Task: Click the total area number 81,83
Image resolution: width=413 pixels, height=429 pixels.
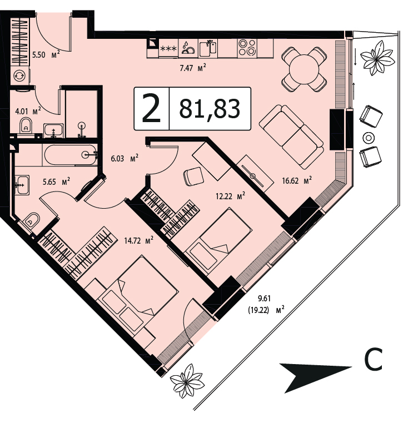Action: tap(210, 109)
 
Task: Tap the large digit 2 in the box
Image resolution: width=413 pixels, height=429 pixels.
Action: tap(151, 108)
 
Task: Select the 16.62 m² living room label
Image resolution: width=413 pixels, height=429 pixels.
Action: tap(297, 180)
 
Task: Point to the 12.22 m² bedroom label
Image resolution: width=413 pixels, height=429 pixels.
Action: tap(230, 196)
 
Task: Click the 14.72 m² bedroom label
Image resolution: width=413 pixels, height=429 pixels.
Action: tap(138, 240)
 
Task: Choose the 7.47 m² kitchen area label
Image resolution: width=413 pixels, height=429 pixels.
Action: tap(193, 68)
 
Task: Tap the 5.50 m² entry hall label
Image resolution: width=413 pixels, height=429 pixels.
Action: tap(46, 54)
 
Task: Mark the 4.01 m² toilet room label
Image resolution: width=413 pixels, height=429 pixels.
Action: tap(28, 111)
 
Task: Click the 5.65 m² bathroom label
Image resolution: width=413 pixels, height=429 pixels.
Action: tap(56, 181)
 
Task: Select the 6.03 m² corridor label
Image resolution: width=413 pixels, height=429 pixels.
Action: tap(125, 158)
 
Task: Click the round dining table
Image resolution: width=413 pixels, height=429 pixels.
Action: tap(304, 69)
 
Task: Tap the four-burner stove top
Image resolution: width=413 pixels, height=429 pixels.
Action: tap(247, 48)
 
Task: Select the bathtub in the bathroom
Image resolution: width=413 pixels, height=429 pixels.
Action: tap(70, 155)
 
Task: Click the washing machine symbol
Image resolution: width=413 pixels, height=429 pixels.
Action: tap(19, 75)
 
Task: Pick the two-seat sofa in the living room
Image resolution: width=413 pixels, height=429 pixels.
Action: tap(292, 137)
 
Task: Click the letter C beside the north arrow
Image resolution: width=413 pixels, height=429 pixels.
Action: tap(373, 359)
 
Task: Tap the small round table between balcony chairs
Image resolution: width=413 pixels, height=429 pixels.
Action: tap(369, 138)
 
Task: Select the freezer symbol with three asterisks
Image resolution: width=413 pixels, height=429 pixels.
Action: tap(168, 48)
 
